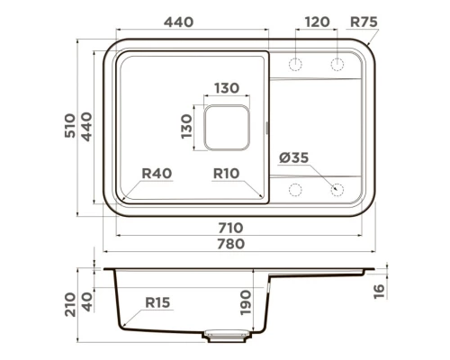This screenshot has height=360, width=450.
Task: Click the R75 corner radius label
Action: tap(364, 22)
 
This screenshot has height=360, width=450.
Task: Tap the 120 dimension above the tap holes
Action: tap(317, 22)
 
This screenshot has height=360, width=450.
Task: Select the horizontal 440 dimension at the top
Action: tap(178, 22)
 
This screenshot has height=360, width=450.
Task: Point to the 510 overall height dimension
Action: tap(70, 125)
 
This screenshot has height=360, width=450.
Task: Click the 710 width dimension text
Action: tap(230, 228)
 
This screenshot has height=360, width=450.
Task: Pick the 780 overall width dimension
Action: tap(230, 244)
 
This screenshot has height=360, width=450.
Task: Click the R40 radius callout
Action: tap(157, 174)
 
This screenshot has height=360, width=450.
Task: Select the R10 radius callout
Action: tap(226, 174)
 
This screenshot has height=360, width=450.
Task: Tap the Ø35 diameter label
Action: tap(293, 157)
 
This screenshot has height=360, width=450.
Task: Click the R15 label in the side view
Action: tap(157, 302)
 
